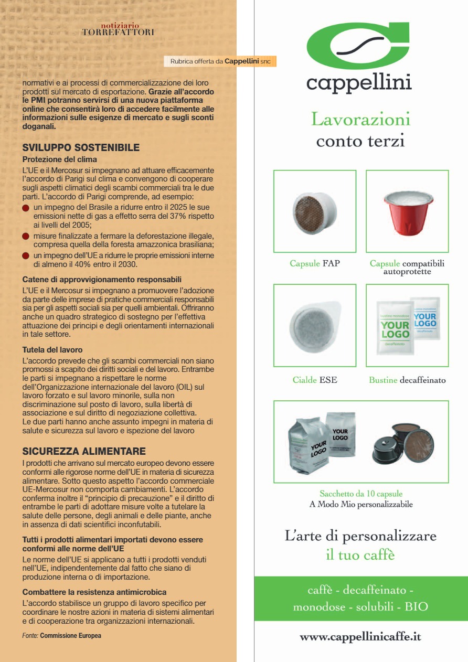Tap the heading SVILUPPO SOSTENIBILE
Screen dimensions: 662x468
tap(81, 148)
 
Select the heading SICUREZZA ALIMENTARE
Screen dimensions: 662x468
tap(84, 451)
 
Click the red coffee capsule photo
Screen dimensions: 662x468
tap(407, 211)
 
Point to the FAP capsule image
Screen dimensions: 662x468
tap(315, 211)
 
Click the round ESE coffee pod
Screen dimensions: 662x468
tap(315, 325)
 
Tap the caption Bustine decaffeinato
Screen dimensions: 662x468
tap(407, 380)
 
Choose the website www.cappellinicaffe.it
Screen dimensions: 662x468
tap(360, 637)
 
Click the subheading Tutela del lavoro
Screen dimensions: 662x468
tap(52, 349)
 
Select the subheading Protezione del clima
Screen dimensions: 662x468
tap(60, 159)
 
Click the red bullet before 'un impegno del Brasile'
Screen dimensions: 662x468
tap(26, 208)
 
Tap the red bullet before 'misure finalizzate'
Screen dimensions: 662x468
tap(26, 237)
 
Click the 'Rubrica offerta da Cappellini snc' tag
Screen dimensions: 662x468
tap(220, 61)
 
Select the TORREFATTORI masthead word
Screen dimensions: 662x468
tap(118, 33)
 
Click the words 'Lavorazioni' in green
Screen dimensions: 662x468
tap(360, 119)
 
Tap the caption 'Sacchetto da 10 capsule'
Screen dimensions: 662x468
tap(361, 494)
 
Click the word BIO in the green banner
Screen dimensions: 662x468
tap(417, 607)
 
